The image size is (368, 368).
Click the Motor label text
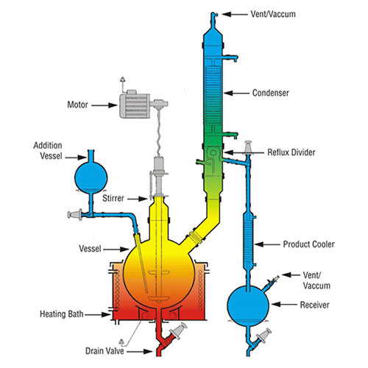[77, 105]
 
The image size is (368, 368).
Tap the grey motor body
[135, 105]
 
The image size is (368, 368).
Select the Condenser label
[271, 93]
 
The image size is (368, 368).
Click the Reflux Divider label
[291, 152]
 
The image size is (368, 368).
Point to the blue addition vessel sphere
[91, 177]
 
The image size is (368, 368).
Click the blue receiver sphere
[248, 305]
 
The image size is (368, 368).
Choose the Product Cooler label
[309, 244]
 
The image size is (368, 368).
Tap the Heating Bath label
[62, 314]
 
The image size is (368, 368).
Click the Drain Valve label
[105, 351]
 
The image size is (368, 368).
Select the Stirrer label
[113, 198]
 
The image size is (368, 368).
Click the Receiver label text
[315, 305]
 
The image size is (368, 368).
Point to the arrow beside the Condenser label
[236, 93]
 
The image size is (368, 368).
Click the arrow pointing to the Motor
[105, 105]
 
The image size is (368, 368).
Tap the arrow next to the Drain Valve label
[139, 352]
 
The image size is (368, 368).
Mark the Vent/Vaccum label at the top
[273, 14]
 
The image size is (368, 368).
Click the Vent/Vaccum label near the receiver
[316, 280]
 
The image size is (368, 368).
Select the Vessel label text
[90, 249]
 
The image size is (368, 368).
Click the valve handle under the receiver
[264, 336]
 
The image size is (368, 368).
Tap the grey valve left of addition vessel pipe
[75, 215]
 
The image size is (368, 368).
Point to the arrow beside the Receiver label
[284, 305]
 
